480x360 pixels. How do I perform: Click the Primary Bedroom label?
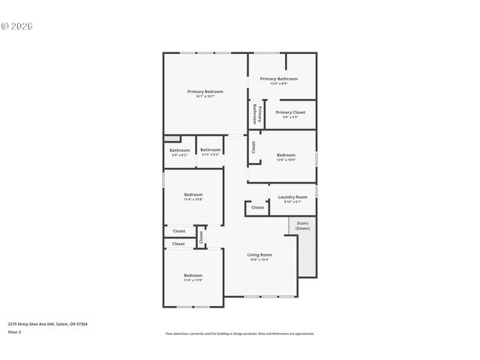tap(205, 91)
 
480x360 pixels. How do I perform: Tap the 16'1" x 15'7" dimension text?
tap(205, 97)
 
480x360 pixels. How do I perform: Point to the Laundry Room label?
tap(292, 197)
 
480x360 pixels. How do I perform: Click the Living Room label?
tap(259, 255)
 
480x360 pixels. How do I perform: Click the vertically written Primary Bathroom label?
tap(256, 113)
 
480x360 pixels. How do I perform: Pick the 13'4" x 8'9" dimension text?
tap(279, 83)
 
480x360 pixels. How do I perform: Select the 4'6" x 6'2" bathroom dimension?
tap(179, 154)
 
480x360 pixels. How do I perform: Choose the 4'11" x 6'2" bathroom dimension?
tap(211, 154)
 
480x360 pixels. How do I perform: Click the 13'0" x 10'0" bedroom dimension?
tap(286, 160)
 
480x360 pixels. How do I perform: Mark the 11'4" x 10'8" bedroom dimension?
tap(193, 199)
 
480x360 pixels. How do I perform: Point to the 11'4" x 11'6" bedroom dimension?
tap(193, 280)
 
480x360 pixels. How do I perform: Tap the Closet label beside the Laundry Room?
tap(257, 208)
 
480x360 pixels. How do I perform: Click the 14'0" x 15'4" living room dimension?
tap(259, 260)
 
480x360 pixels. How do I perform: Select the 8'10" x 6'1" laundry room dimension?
tap(292, 202)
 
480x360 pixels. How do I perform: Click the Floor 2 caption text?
tap(14, 331)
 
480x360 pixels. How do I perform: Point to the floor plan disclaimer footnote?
tap(240, 334)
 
